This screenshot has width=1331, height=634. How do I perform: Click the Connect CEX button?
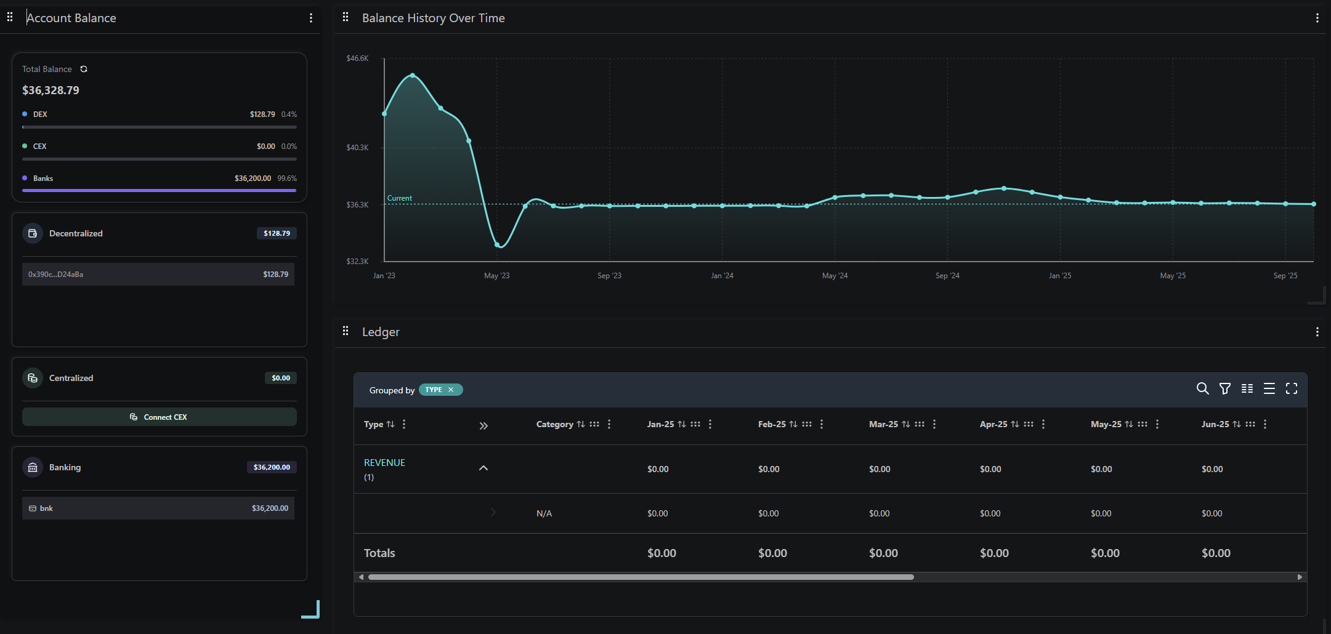(159, 417)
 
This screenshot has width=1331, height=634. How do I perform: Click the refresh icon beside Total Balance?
(84, 69)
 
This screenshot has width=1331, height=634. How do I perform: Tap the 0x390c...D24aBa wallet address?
(55, 275)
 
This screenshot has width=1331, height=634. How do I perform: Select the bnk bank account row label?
(46, 508)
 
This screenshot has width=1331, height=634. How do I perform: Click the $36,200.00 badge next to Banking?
(272, 467)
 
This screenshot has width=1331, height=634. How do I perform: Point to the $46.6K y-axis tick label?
(357, 58)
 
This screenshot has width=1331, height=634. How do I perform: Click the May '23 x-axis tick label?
(496, 276)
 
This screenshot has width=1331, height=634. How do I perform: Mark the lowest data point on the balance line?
(498, 245)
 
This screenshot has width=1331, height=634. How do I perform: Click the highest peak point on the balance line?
(413, 75)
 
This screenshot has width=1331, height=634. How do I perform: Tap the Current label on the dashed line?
(399, 198)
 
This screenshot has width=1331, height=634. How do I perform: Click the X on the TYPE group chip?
(451, 390)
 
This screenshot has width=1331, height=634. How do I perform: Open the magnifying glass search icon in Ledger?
(1202, 388)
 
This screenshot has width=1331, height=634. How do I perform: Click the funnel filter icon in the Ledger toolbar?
(1225, 388)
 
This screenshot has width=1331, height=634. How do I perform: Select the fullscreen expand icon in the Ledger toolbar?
(1292, 388)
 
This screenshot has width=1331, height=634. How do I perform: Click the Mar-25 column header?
(883, 424)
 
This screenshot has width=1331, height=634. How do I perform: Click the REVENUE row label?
(384, 463)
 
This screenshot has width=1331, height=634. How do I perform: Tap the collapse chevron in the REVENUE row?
(483, 468)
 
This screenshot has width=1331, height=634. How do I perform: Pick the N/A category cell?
(544, 513)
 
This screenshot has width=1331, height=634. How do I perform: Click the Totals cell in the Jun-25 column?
(1216, 553)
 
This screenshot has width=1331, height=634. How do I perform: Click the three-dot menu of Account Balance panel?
(311, 18)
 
